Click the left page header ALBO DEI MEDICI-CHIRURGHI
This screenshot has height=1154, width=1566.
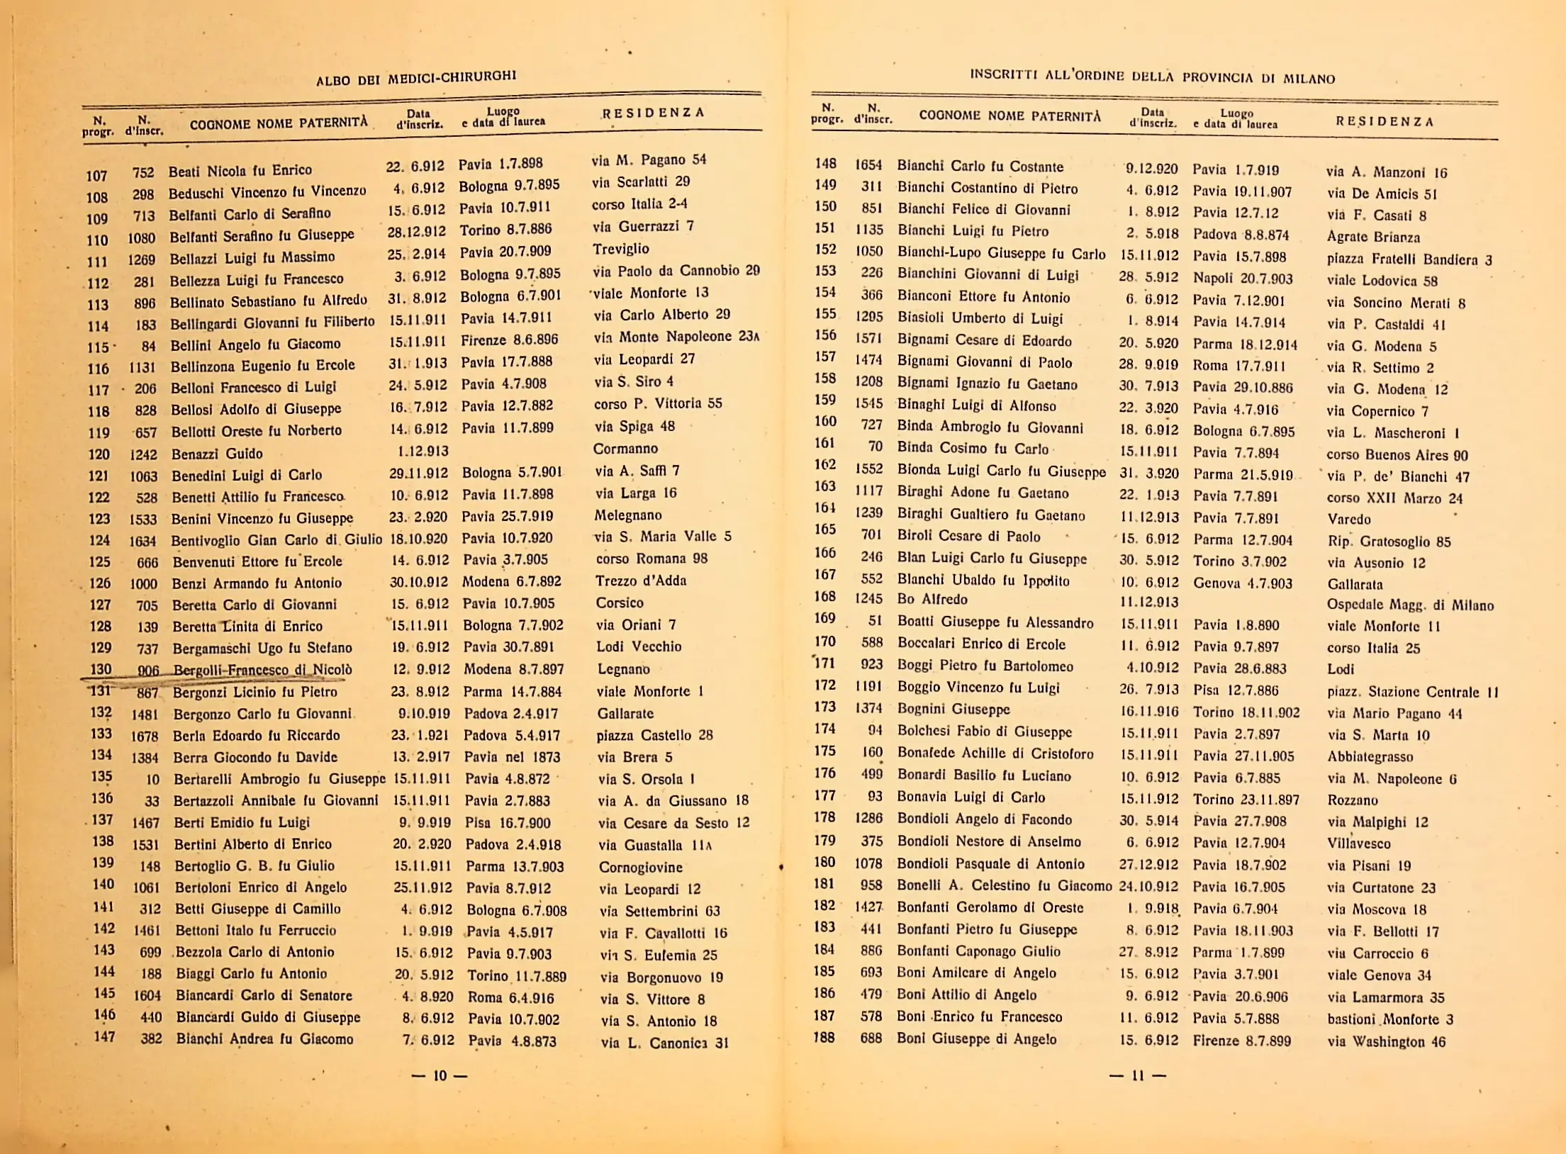click(416, 77)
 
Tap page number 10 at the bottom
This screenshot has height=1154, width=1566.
click(440, 1076)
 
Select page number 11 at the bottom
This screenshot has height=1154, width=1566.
click(1138, 1075)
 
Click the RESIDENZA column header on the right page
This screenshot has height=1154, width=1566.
click(1385, 121)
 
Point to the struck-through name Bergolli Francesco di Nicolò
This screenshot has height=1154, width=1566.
click(262, 670)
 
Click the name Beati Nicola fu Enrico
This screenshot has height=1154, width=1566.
click(240, 171)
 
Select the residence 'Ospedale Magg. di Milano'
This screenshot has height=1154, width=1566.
click(1410, 605)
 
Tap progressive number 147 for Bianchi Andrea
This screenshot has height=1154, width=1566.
click(104, 1037)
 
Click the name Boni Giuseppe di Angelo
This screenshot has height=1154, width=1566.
click(977, 1039)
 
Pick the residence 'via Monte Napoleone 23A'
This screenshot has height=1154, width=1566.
click(676, 337)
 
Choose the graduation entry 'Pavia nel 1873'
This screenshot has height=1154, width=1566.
click(512, 757)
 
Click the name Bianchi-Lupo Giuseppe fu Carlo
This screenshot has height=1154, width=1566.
click(1001, 253)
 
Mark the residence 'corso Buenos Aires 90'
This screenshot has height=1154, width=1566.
click(1397, 455)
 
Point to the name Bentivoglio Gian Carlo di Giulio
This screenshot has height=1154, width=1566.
click(276, 540)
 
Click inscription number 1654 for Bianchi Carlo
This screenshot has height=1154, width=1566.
click(868, 165)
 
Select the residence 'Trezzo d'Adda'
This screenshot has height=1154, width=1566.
click(641, 581)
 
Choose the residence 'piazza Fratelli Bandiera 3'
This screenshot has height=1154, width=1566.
click(1409, 259)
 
